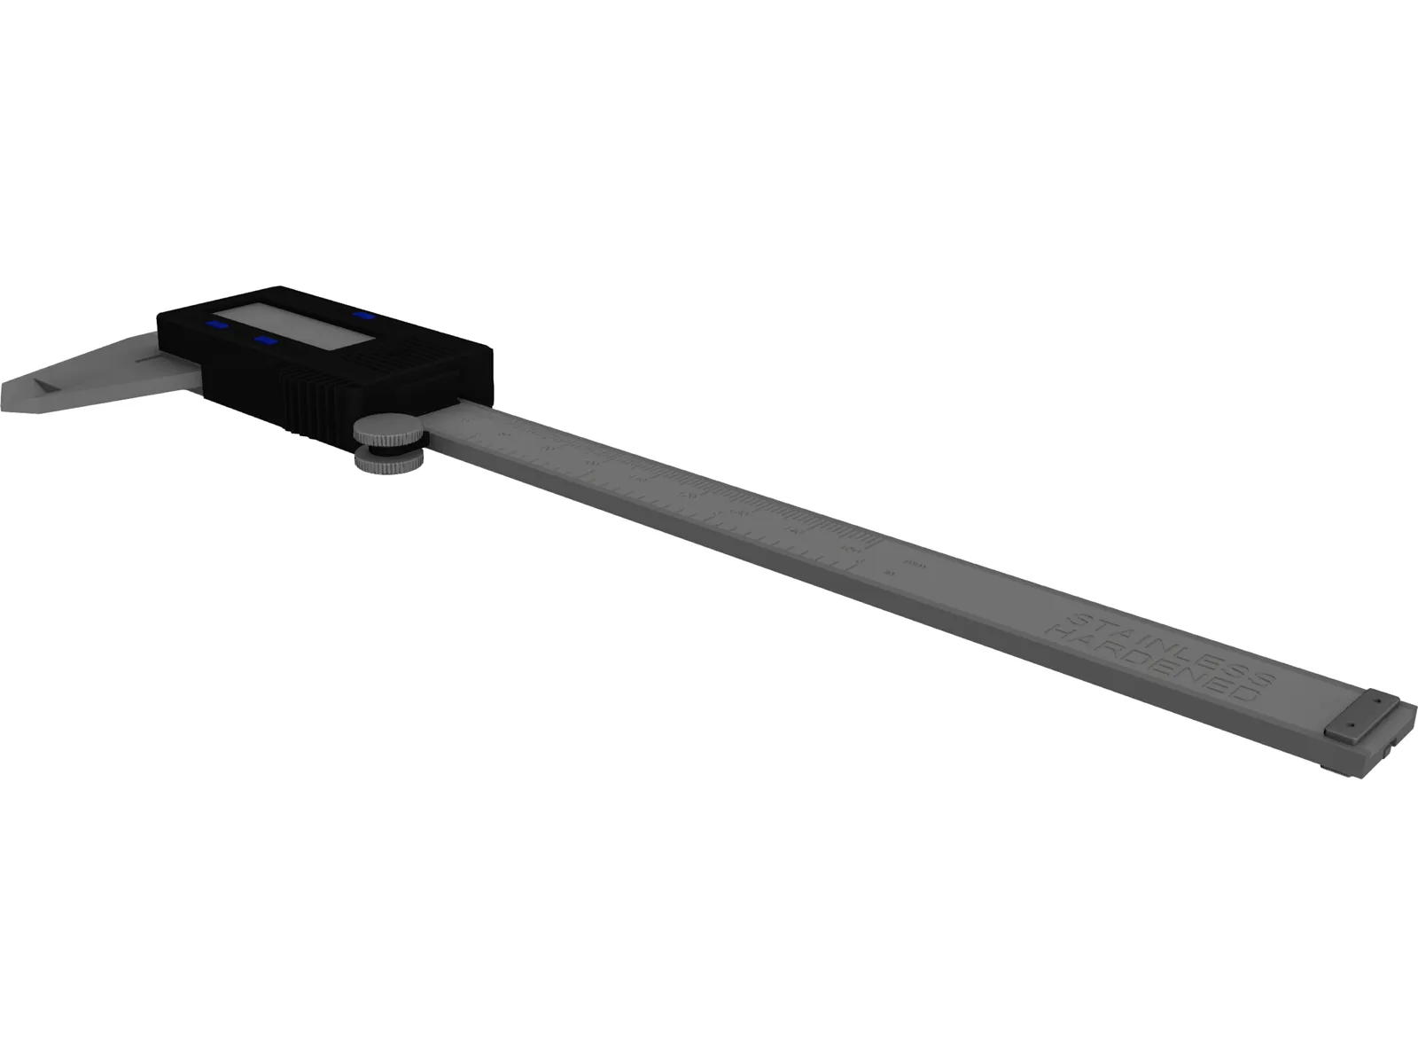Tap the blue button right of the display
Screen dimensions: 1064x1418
[x=362, y=314]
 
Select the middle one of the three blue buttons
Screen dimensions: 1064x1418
[x=265, y=340]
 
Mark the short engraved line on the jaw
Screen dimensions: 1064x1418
[x=146, y=360]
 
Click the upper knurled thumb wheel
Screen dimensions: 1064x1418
[x=390, y=430]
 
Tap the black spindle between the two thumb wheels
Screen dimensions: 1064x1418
[x=390, y=449]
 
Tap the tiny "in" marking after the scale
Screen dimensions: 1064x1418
[x=890, y=574]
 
